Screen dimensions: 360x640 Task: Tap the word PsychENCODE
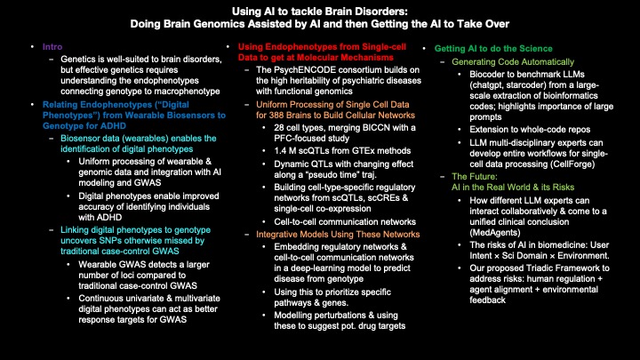point(306,68)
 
